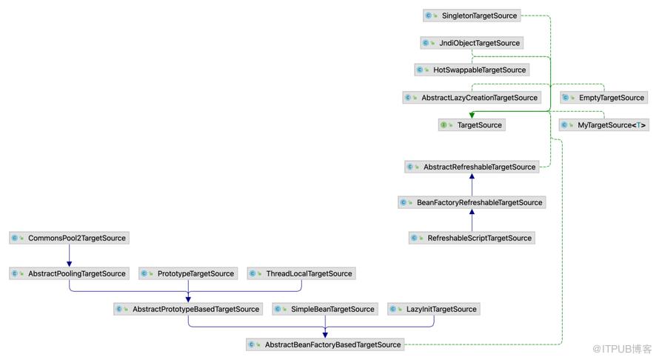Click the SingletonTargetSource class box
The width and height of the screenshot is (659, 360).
472,16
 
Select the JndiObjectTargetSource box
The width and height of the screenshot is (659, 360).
472,43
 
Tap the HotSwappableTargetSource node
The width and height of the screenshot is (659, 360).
472,70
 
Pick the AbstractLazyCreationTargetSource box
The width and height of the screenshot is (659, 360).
472,98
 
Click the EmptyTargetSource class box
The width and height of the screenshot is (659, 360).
604,98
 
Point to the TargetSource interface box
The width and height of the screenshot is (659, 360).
472,125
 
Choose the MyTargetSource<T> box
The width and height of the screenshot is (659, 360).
604,125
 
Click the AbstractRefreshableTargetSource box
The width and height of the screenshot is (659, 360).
472,167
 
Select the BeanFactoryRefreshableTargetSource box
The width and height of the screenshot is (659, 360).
472,202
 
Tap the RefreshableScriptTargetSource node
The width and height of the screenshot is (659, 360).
472,238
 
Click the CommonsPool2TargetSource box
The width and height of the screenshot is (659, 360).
70,238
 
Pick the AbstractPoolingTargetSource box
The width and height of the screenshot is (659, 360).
70,273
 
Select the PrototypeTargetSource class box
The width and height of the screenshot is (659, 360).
188,273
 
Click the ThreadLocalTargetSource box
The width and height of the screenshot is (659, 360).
301,273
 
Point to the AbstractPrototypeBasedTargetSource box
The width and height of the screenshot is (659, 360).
188,309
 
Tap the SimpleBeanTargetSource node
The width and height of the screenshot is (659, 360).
325,309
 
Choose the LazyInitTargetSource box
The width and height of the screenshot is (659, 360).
434,309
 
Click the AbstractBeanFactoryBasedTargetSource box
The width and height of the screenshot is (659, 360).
325,344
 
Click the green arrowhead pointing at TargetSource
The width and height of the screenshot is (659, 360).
472,115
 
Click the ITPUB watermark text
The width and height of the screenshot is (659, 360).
622,349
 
